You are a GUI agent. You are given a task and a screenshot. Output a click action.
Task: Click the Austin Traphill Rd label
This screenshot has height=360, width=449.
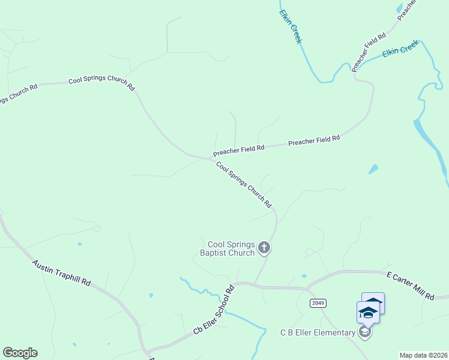pyautogui.click(x=61, y=273)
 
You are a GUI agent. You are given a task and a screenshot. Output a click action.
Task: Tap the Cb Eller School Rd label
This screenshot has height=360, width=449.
pyautogui.click(x=213, y=311)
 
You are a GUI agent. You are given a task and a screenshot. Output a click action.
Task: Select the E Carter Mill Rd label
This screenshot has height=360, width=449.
pyautogui.click(x=410, y=286)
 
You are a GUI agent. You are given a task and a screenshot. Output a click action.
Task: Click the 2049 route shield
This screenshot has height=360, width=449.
pyautogui.click(x=318, y=303)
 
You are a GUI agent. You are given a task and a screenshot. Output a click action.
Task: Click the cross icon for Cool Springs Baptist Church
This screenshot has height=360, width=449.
pyautogui.click(x=264, y=247)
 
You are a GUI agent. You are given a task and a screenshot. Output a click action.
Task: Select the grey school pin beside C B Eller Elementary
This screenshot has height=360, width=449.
pyautogui.click(x=364, y=331)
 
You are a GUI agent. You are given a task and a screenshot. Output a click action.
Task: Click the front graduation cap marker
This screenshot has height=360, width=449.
pyautogui.click(x=368, y=312)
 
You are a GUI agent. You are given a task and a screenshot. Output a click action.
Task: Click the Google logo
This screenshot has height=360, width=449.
pyautogui.click(x=20, y=353)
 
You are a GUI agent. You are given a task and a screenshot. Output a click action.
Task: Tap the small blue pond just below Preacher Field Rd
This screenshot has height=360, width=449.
pyautogui.click(x=373, y=169)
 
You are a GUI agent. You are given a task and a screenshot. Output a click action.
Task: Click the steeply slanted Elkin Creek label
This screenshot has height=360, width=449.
pyautogui.click(x=290, y=26)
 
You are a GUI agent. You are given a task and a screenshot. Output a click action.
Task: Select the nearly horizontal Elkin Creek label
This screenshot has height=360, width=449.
pyautogui.click(x=400, y=52)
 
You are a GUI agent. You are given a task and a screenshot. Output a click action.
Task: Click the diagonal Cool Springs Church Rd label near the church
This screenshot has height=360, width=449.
pyautogui.click(x=244, y=185)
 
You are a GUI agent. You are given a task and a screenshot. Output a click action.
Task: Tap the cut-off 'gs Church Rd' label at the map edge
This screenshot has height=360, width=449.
pyautogui.click(x=18, y=94)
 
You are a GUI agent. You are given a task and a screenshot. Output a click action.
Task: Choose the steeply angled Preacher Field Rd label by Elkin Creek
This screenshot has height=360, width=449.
pyautogui.click(x=368, y=53)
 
